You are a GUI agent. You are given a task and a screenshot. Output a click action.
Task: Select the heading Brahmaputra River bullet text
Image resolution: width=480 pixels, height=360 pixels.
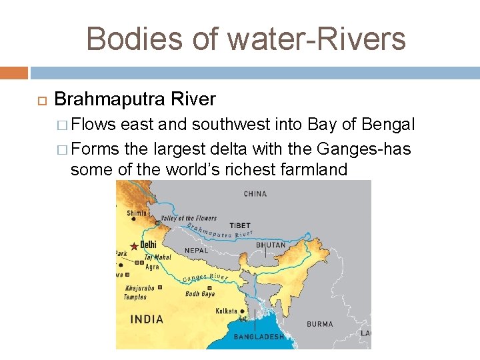(135, 99)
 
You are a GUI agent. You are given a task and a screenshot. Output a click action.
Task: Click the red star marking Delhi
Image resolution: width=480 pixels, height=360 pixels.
(134, 246)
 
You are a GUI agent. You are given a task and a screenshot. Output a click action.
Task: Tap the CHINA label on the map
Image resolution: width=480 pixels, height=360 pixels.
(255, 194)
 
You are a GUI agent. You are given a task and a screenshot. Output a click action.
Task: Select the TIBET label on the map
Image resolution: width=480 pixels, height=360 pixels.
(239, 225)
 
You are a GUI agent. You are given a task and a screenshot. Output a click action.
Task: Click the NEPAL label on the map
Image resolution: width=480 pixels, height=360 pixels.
(197, 250)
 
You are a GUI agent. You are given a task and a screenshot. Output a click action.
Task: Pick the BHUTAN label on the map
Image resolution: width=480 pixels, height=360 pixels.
(271, 245)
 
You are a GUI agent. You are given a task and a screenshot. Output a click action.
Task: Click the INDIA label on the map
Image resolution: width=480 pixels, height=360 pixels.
(147, 319)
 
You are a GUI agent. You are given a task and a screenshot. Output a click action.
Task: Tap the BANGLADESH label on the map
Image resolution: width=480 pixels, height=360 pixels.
(259, 337)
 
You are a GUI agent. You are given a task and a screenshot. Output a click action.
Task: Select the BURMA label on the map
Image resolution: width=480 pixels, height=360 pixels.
(320, 324)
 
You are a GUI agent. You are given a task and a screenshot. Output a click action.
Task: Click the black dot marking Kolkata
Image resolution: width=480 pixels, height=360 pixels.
(241, 311)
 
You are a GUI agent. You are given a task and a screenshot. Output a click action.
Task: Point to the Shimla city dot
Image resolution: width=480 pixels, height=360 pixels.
(133, 219)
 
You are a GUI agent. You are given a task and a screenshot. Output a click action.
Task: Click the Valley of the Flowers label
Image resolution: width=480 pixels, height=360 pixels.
(189, 218)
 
